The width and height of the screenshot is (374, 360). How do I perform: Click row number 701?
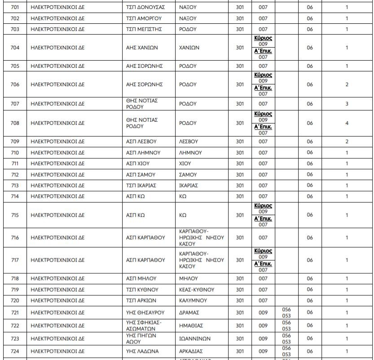(15, 8)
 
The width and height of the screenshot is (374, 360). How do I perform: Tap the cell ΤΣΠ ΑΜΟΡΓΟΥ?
(144, 18)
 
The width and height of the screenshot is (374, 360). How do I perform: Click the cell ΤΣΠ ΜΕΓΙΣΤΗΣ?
(144, 29)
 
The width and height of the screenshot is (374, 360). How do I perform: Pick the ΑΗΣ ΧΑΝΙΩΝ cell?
(142, 48)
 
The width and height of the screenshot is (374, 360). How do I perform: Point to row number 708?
(15, 123)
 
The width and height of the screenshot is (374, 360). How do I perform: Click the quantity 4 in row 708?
(347, 123)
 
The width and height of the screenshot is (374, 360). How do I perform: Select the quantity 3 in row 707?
(347, 104)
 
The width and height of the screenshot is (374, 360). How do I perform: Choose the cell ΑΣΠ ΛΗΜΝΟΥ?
(143, 153)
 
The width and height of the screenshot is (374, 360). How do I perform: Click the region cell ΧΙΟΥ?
(185, 164)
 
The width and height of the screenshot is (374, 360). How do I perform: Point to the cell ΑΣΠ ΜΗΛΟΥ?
(142, 279)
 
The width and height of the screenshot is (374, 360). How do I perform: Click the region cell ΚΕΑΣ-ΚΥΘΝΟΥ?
(197, 290)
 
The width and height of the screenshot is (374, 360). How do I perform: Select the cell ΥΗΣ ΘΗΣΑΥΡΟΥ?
(145, 312)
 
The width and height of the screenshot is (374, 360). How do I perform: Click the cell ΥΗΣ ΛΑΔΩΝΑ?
(142, 351)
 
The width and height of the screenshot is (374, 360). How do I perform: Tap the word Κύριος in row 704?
(263, 38)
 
